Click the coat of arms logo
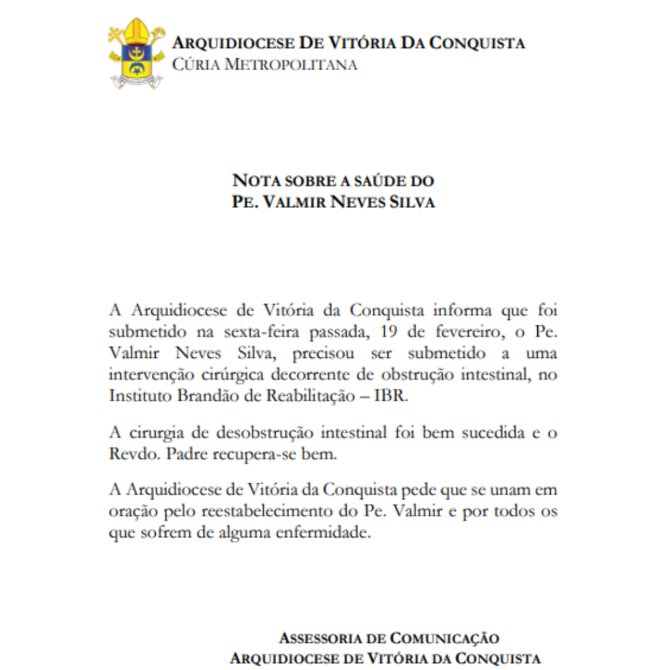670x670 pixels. click(x=136, y=54)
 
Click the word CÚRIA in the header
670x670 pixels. click(x=194, y=65)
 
